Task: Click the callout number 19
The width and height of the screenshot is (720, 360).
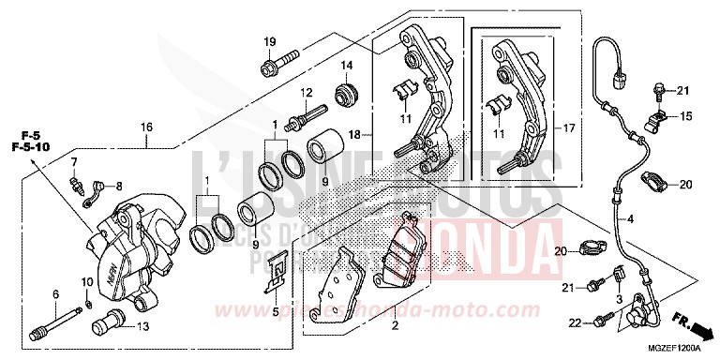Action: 269,41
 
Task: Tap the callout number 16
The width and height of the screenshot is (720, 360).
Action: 146,127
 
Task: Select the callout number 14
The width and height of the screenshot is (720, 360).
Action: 347,66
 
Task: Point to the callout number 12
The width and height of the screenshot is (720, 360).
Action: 306,92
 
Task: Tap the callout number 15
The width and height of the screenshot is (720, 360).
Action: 685,116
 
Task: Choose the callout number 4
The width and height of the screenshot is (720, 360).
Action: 630,219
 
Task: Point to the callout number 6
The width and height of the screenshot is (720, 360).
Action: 55,293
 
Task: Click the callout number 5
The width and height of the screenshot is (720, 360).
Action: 275,311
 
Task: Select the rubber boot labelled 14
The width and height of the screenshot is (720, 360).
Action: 346,94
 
